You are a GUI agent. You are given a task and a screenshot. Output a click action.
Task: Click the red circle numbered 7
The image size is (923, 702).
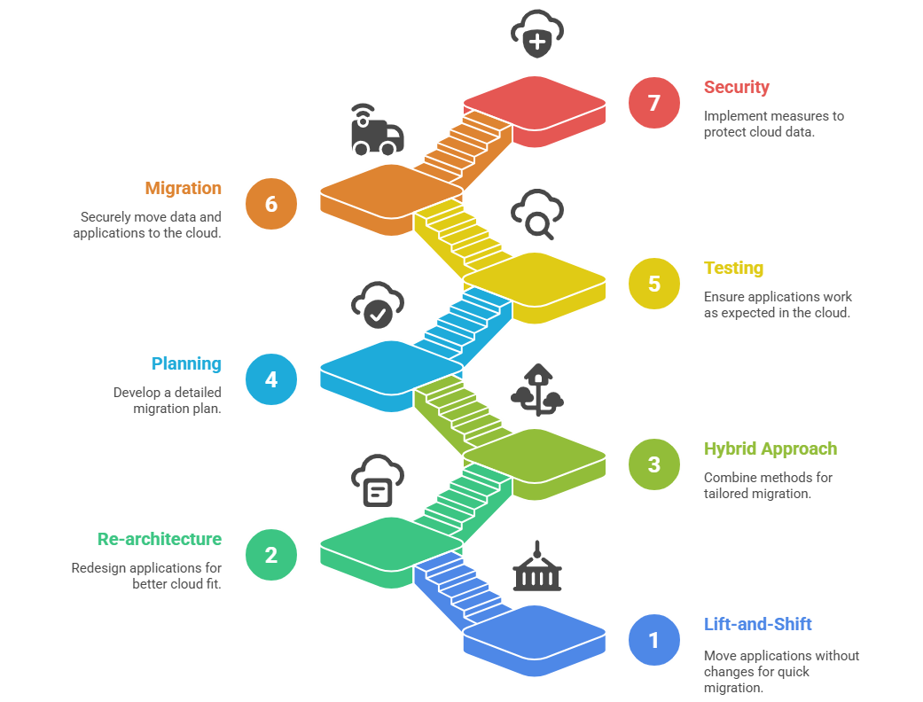653,103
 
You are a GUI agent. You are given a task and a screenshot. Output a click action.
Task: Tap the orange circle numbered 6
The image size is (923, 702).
271,204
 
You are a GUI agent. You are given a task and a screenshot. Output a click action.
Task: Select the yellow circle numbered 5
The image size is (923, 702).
653,284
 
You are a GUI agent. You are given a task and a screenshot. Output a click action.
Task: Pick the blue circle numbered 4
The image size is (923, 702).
271,379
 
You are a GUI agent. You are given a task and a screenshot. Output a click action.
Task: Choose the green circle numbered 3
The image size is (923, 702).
653,464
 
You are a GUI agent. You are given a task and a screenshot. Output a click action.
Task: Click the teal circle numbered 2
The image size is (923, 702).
271,555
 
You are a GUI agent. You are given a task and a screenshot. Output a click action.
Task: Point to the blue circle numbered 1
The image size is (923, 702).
653,640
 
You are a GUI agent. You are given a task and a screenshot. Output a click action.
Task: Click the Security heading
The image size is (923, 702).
736,87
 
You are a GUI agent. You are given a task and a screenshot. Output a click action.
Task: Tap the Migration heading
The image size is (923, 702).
184,188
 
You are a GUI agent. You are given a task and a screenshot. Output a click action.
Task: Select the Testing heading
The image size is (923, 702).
733,268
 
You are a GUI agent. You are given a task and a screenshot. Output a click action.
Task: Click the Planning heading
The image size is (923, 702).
186,363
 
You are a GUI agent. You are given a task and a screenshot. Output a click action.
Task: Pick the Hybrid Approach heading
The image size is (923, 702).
770,448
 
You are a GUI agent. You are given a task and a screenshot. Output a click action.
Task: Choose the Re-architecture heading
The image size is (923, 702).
160,539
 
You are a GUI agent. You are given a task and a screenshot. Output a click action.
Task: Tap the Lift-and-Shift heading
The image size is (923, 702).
757,624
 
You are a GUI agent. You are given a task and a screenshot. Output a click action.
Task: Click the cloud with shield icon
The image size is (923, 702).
537,33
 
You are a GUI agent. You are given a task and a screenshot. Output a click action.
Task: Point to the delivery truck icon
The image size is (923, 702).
376,130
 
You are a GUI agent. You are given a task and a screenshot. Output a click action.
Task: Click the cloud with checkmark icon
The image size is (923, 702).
378,304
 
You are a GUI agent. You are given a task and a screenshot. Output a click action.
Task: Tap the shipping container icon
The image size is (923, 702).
536,567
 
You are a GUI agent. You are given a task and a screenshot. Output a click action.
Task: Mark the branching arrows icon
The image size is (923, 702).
537,391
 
